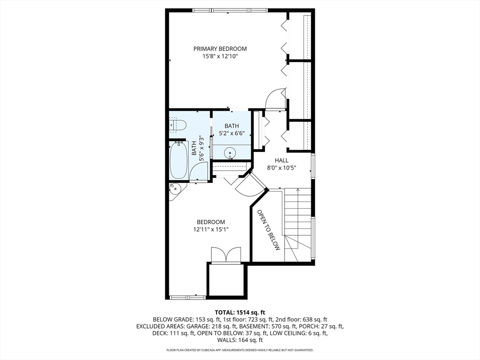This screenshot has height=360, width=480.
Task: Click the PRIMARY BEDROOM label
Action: pyautogui.click(x=220, y=49)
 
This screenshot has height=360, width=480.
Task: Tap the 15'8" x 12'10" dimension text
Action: pyautogui.click(x=220, y=56)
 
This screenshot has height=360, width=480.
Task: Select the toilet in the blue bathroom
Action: pyautogui.click(x=178, y=125)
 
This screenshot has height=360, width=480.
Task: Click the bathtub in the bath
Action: pyautogui.click(x=179, y=160)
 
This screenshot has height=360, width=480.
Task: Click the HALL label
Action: pyautogui.click(x=281, y=160)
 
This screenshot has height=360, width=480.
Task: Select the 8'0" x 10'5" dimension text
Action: pyautogui.click(x=281, y=168)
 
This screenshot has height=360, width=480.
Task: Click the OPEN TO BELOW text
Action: pyautogui.click(x=269, y=230)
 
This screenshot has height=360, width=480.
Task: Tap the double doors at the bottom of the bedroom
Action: pyautogui.click(x=226, y=255)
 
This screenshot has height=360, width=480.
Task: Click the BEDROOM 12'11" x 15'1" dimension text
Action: pyautogui.click(x=210, y=229)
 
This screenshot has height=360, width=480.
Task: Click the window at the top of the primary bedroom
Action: pyautogui.click(x=230, y=11)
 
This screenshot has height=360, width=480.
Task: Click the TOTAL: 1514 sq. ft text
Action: pyautogui.click(x=240, y=313)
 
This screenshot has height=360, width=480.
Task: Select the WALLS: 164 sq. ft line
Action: pyautogui.click(x=240, y=340)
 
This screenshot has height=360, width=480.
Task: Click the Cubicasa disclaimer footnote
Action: pyautogui.click(x=240, y=350)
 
